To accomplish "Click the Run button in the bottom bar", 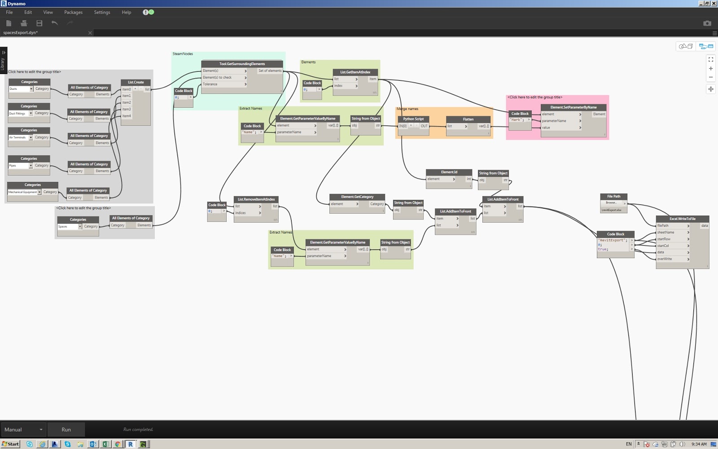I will pos(66,430).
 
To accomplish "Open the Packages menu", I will pos(73,13).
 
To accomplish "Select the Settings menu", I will pos(102,13).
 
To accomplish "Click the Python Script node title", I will pos(413,119).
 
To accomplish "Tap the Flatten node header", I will pos(468,119).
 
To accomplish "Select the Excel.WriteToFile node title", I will pos(682,219).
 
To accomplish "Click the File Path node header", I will pos(613,196).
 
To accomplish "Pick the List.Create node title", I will pos(136,82).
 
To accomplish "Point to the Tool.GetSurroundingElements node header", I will pos(242,64).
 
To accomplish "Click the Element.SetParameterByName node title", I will pos(573,107).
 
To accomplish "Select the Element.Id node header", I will pos(449,172).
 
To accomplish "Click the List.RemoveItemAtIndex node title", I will pos(256,199).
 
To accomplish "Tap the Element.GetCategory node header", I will pos(357,197).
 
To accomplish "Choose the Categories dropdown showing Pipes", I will pos(21,166).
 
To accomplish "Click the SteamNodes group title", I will pos(183,54).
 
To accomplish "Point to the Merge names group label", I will pos(407,109).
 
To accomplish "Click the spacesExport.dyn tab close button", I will pos(90,33).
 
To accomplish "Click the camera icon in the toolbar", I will pos(707,23).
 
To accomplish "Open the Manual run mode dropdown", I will pos(23,430).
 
